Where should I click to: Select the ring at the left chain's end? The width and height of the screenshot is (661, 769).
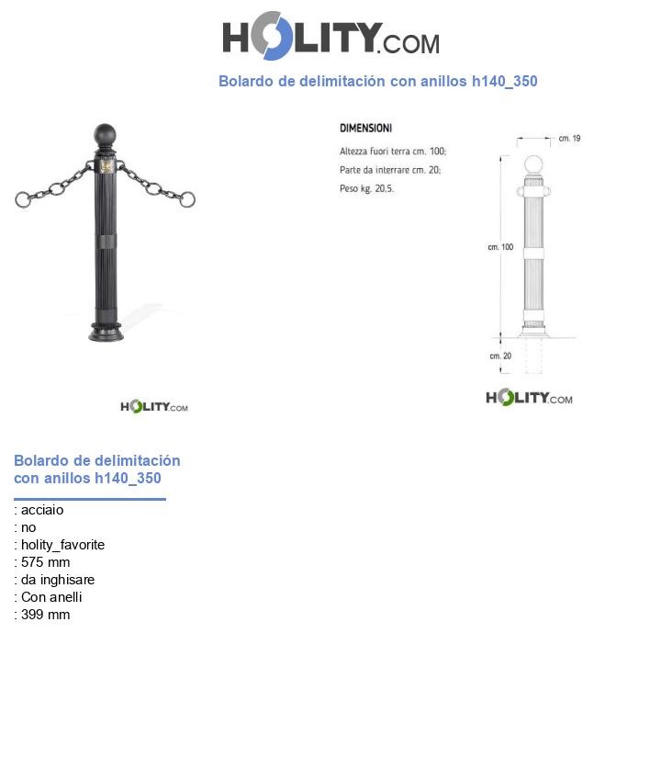[x=22, y=199]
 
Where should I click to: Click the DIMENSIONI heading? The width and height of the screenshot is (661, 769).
[x=365, y=129]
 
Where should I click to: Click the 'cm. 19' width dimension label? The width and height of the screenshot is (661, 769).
[x=569, y=139]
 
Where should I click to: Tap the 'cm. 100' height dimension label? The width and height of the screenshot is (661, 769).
[x=500, y=247]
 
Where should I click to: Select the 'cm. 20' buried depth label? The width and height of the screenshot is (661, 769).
[x=500, y=356]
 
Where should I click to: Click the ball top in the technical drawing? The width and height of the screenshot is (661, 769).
[x=533, y=165]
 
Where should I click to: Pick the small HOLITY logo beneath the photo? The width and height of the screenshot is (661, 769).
[x=154, y=406]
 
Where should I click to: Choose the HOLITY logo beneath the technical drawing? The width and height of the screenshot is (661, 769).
[x=529, y=398]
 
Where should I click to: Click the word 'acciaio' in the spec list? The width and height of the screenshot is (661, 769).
[x=42, y=510]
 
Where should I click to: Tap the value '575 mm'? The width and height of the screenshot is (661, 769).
[x=45, y=562]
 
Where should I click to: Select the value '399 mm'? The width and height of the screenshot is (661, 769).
[x=45, y=615]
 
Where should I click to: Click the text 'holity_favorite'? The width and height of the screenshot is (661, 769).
[x=62, y=545]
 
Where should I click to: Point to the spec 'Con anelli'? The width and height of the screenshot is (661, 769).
[x=51, y=597]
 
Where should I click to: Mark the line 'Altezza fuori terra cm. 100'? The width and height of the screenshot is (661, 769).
[x=393, y=151]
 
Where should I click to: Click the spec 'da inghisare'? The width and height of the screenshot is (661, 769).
[x=58, y=580]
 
